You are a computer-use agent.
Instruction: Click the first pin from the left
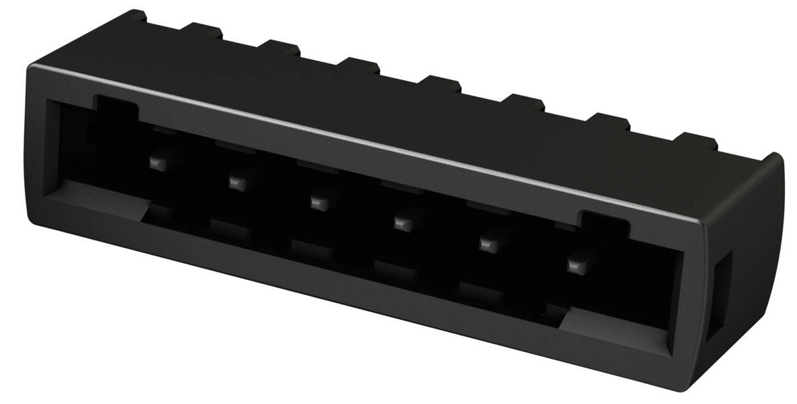click(x=156, y=162)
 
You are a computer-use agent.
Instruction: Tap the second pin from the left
click(x=235, y=181)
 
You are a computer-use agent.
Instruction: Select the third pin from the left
click(x=317, y=201)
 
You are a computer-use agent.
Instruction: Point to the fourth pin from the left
click(x=402, y=221)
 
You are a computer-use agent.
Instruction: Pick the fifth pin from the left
click(x=486, y=242)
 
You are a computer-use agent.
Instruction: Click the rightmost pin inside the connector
click(x=574, y=265)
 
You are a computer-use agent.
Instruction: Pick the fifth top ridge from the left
click(x=442, y=84)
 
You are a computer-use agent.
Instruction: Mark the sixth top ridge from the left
click(x=525, y=103)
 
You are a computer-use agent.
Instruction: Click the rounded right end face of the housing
click(x=740, y=269)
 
